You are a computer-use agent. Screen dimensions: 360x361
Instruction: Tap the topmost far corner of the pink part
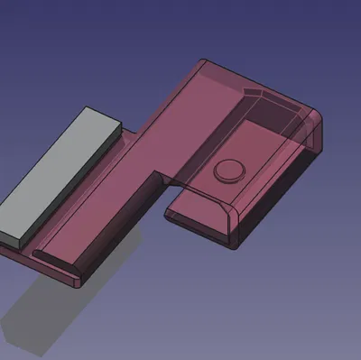coord(202,61)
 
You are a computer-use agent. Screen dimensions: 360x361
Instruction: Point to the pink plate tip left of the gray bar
coord(5,252)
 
